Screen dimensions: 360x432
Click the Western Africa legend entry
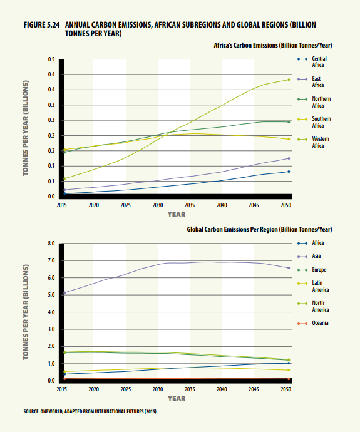click(x=314, y=143)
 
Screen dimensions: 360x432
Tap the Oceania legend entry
click(x=313, y=323)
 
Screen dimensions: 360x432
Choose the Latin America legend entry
click(x=314, y=286)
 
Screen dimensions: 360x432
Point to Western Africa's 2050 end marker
click(x=289, y=80)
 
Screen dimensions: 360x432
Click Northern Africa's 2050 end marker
click(x=289, y=122)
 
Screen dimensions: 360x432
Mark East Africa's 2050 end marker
click(x=289, y=158)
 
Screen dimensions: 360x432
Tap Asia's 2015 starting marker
click(x=64, y=292)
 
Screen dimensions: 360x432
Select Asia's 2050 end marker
click(x=289, y=268)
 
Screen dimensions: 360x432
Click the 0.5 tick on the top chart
click(x=51, y=59)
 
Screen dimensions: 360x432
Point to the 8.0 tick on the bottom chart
click(x=51, y=244)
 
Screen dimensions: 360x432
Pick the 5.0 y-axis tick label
click(x=51, y=295)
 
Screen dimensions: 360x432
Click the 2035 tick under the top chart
click(x=190, y=205)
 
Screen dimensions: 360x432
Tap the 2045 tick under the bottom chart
click(x=254, y=389)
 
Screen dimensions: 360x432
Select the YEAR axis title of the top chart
click(x=177, y=214)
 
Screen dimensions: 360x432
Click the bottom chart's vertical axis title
click(x=26, y=312)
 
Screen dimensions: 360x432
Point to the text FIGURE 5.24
click(x=41, y=25)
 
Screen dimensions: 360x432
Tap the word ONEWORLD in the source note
click(x=51, y=411)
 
